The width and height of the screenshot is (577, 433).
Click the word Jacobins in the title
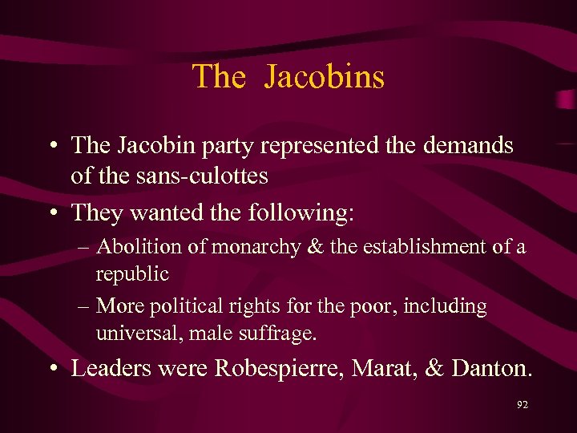pos(324,77)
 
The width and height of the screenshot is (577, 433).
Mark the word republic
pos(132,274)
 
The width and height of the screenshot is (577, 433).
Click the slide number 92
pos(523,405)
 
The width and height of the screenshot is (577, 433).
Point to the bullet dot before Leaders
pos(50,369)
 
